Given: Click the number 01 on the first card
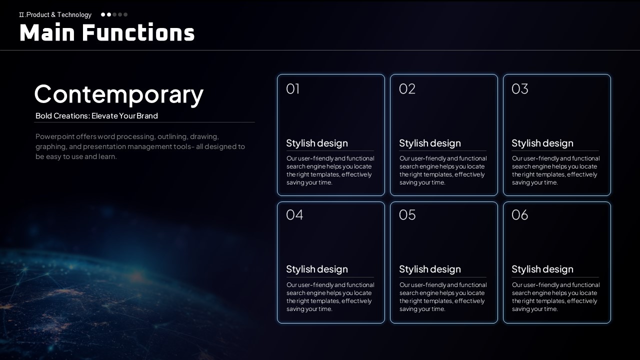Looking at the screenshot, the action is (293, 89).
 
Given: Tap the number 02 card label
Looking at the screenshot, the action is (407, 89).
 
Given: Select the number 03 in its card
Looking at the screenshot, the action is (519, 89).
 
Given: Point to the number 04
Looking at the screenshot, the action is (294, 215).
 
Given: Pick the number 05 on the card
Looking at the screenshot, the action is (407, 215).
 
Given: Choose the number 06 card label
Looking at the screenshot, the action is (519, 215).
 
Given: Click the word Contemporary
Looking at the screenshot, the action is (119, 95).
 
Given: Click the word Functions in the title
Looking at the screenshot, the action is (138, 32).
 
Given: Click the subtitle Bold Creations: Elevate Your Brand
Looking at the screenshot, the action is (96, 115).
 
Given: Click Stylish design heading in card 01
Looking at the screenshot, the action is (317, 143).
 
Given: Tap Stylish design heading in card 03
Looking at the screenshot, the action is (542, 143).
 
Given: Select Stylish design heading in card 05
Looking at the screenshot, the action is (429, 269).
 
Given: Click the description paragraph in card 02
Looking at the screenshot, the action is (443, 170).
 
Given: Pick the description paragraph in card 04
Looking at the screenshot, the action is (330, 297).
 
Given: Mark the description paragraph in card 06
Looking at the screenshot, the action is (555, 297).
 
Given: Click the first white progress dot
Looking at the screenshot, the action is (103, 14).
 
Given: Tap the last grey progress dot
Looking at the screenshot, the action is (125, 14).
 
